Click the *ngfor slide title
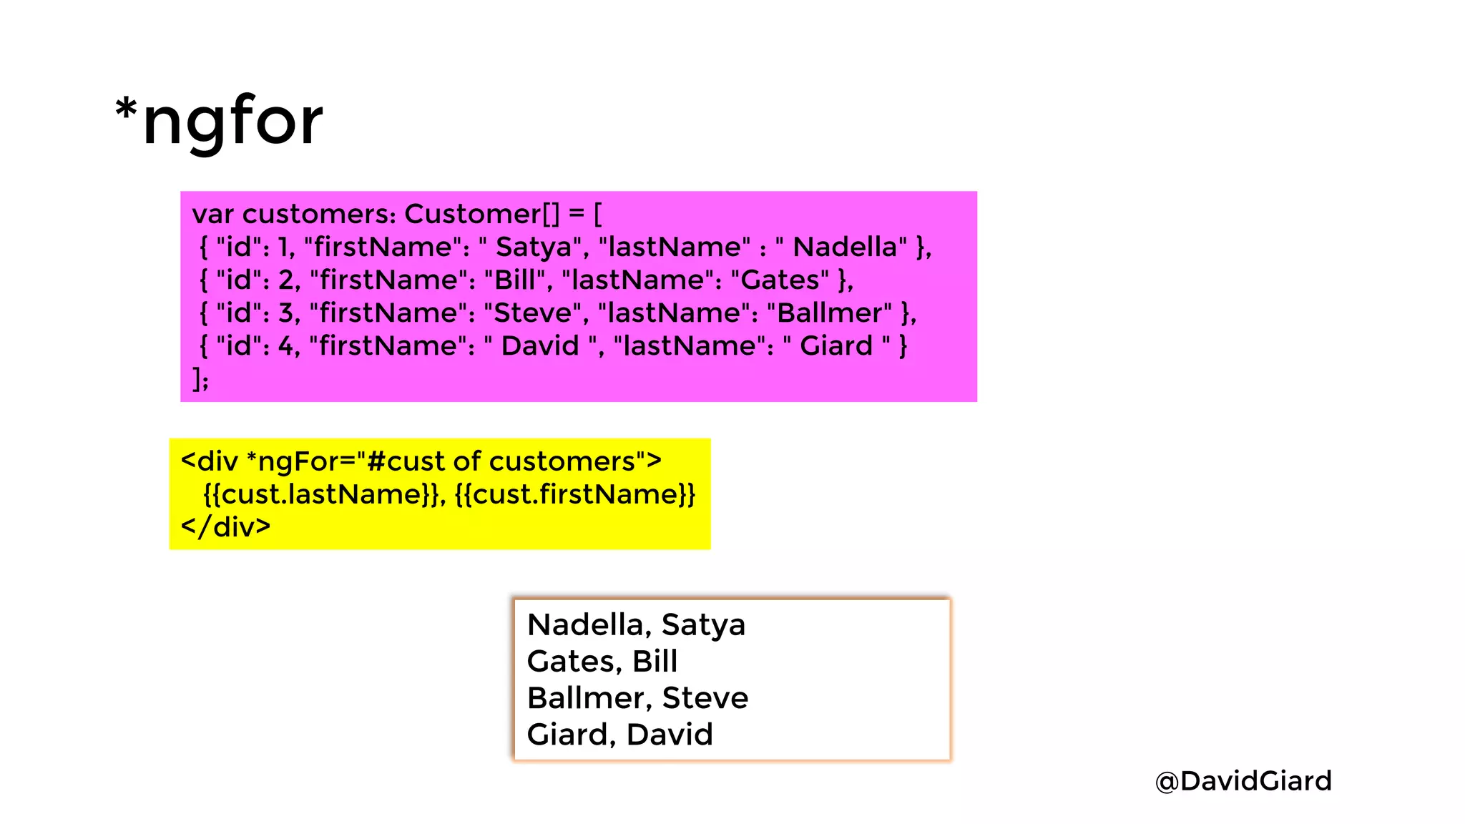pyautogui.click(x=220, y=122)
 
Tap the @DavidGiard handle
pyautogui.click(x=1243, y=780)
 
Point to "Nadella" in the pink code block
pyautogui.click(x=845, y=247)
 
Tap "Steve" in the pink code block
pyautogui.click(x=533, y=313)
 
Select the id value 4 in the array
pyautogui.click(x=285, y=346)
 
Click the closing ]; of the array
pyautogui.click(x=200, y=378)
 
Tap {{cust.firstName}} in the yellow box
pyautogui.click(x=574, y=494)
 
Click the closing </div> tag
pyautogui.click(x=226, y=527)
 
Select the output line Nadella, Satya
pyautogui.click(x=636, y=624)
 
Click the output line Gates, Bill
pyautogui.click(x=602, y=661)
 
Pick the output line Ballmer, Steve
pyautogui.click(x=637, y=697)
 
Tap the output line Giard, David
pyautogui.click(x=619, y=735)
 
